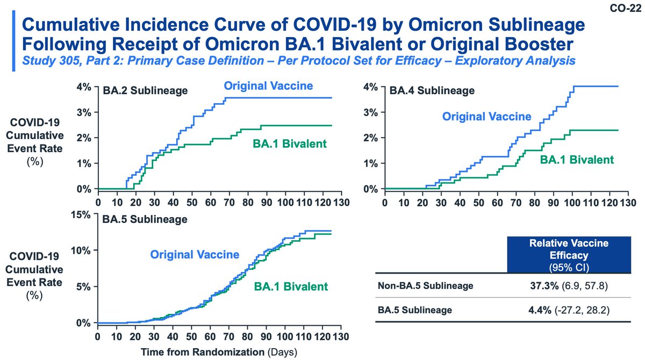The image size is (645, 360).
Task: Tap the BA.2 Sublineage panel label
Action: point(145,90)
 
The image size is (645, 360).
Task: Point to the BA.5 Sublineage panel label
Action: point(145,219)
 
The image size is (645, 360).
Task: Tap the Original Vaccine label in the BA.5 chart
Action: point(195,254)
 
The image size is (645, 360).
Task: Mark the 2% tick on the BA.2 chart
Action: point(86,138)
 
